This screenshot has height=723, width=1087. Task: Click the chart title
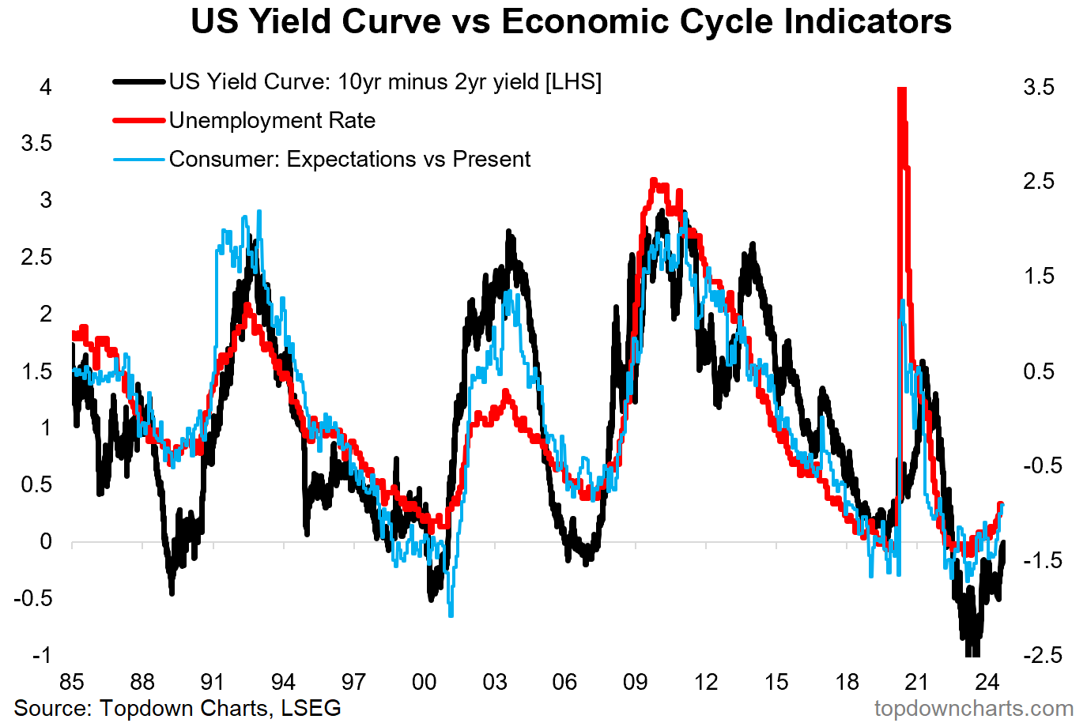click(571, 22)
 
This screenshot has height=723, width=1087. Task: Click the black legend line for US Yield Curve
click(139, 81)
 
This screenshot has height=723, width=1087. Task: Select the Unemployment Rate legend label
click(272, 120)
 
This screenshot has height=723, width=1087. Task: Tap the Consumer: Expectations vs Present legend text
click(350, 159)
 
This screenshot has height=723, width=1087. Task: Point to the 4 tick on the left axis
click(46, 88)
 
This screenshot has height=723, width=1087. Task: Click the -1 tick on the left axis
click(42, 656)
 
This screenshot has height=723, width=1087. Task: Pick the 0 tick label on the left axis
click(46, 541)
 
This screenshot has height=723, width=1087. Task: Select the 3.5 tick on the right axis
click(1039, 88)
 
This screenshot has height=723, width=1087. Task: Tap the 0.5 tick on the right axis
click(1039, 371)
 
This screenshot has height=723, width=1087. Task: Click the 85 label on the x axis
click(72, 682)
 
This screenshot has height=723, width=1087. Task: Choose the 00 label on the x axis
click(424, 682)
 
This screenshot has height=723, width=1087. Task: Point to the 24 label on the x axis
click(987, 682)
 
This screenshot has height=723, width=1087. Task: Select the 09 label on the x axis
click(636, 682)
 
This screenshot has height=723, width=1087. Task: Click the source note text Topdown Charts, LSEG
click(221, 709)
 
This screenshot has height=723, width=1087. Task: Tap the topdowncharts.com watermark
click(974, 709)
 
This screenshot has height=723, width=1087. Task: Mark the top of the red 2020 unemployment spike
click(902, 88)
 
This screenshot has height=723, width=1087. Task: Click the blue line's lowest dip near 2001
click(451, 615)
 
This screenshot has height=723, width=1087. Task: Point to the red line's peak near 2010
click(654, 181)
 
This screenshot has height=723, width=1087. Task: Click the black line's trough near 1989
click(172, 593)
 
